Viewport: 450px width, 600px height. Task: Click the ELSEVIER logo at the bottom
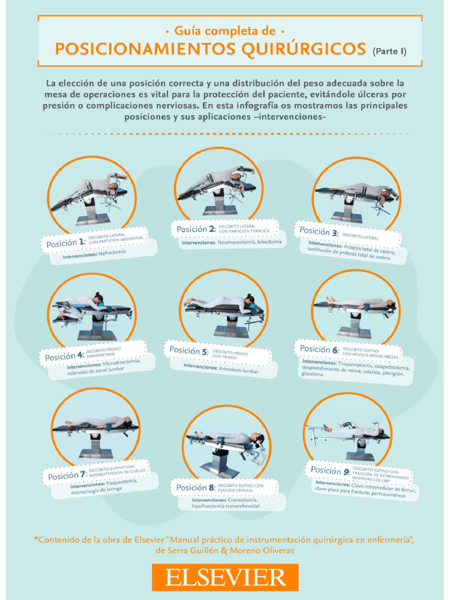coord(225,577)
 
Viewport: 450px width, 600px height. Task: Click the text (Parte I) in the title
coord(389,51)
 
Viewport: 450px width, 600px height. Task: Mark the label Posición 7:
coord(67,475)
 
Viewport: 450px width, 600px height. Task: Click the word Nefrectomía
coord(112,253)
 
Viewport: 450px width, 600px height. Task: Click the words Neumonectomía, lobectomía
coord(250,242)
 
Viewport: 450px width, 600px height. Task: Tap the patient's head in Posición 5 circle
coord(250,300)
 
